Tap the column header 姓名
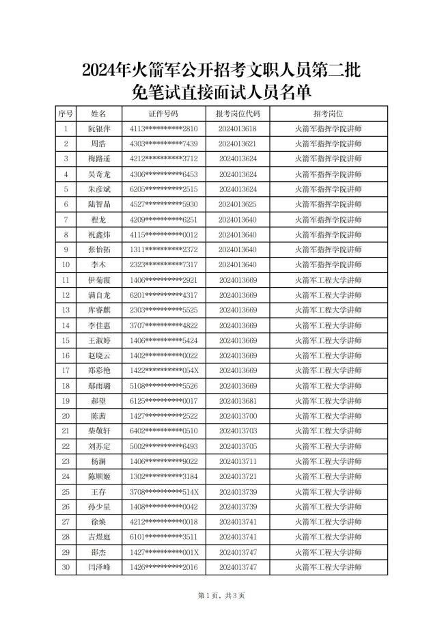(98, 113)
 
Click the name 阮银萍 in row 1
(98, 128)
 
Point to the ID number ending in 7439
(163, 144)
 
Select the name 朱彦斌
(98, 189)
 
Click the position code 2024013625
(238, 204)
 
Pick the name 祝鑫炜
(98, 234)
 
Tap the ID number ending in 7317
(163, 264)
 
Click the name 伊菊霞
(98, 279)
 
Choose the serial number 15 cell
(66, 340)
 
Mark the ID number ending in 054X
(163, 370)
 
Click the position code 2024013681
(238, 400)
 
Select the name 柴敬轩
(98, 431)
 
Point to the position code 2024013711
(238, 461)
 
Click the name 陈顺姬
(98, 476)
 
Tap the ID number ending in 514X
(163, 491)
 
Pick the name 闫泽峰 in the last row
(98, 566)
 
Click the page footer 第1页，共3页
(221, 595)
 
